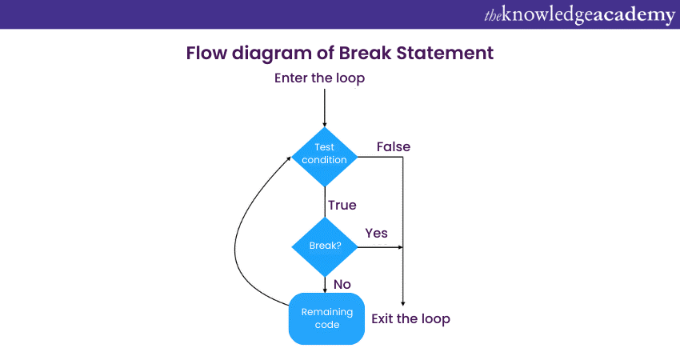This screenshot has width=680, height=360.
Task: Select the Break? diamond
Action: coord(325,246)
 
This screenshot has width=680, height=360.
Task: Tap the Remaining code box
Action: coord(326,318)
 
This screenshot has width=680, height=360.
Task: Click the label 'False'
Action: coord(394,146)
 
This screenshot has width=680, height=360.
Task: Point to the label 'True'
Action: coord(342,206)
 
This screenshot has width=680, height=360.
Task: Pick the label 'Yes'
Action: coord(377,233)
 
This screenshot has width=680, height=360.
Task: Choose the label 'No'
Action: coord(342,284)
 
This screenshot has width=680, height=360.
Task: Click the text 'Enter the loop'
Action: coord(319,78)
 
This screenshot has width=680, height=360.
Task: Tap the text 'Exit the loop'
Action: coord(410,318)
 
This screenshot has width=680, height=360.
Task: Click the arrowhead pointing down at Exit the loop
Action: coord(402,302)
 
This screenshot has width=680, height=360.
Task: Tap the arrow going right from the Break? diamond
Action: coord(379,247)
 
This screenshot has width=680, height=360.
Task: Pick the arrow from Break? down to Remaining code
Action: coord(325,285)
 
